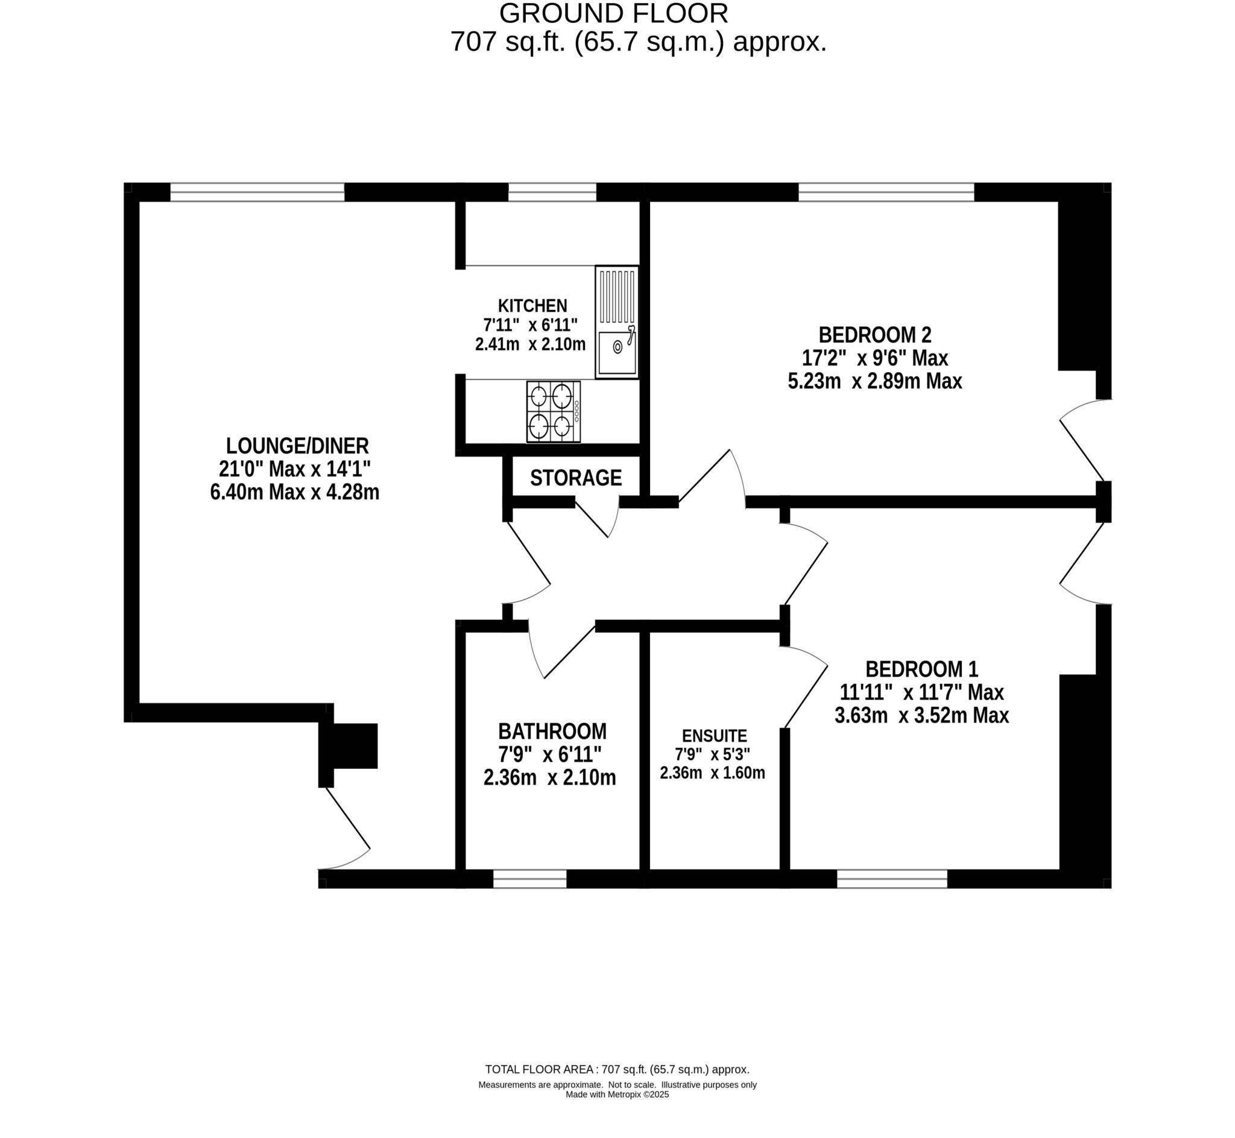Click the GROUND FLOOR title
(613, 13)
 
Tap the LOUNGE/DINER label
(297, 446)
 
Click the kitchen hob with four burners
(553, 411)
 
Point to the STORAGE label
(576, 478)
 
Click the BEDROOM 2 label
(874, 335)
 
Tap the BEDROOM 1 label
(921, 669)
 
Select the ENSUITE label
(714, 736)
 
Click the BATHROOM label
(552, 732)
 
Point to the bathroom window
(529, 879)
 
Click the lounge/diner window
(257, 192)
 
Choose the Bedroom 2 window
(886, 192)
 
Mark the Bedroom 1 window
(891, 879)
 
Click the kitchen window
(552, 192)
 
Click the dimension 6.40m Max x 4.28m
(294, 493)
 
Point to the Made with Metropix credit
(617, 1095)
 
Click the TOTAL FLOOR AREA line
(617, 1070)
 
